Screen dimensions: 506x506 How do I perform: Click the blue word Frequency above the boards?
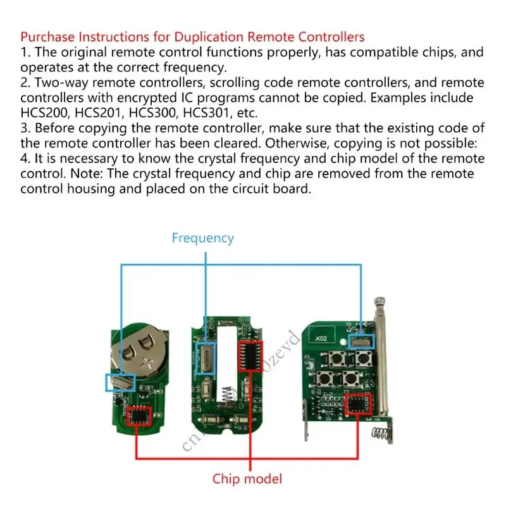[x=202, y=238]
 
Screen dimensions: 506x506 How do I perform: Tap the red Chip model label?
[x=247, y=479]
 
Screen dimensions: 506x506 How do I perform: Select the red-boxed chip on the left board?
[x=139, y=415]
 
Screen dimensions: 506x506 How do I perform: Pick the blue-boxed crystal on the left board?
[x=119, y=381]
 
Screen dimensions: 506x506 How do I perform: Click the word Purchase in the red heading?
[x=45, y=37]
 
